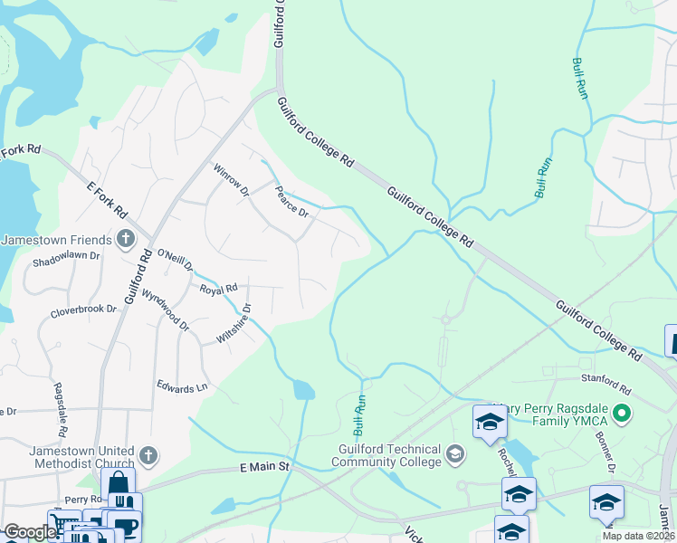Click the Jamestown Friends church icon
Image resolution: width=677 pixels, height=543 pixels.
click(126, 240)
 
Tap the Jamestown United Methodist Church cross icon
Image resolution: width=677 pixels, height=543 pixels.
click(150, 454)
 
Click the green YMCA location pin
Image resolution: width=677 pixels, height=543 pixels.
click(621, 414)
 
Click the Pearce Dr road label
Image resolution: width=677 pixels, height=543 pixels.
click(293, 202)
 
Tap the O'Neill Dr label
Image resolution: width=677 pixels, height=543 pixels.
click(176, 261)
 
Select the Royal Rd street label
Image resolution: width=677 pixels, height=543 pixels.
click(218, 290)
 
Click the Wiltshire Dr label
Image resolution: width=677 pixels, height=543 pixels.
click(234, 323)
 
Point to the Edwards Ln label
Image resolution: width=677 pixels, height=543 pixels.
click(182, 387)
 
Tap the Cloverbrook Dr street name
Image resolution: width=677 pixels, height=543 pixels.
click(84, 309)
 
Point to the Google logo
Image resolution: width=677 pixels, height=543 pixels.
click(29, 532)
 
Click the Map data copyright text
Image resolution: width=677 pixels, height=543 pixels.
click(637, 536)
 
